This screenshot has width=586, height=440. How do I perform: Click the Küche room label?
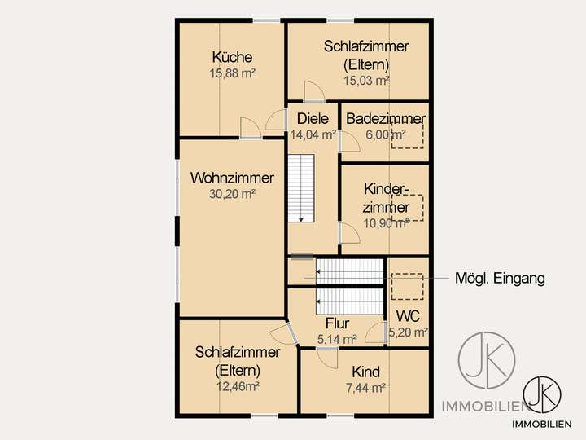[232, 58]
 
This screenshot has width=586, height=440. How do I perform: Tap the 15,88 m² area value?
[232, 73]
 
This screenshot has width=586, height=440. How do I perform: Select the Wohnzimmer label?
[232, 178]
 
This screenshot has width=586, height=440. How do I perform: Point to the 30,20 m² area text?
[232, 194]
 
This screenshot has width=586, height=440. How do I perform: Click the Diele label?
[313, 119]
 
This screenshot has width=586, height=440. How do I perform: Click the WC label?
[407, 316]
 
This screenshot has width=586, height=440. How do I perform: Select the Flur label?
[337, 323]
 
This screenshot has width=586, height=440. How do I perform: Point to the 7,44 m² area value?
[365, 388]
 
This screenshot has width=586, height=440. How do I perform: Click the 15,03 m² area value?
[365, 80]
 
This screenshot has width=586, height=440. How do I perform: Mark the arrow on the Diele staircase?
[301, 218]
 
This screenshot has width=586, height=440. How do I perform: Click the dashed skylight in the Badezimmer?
[408, 132]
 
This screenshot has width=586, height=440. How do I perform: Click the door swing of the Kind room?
[327, 357]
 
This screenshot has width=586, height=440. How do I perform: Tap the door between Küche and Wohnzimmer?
[251, 128]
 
